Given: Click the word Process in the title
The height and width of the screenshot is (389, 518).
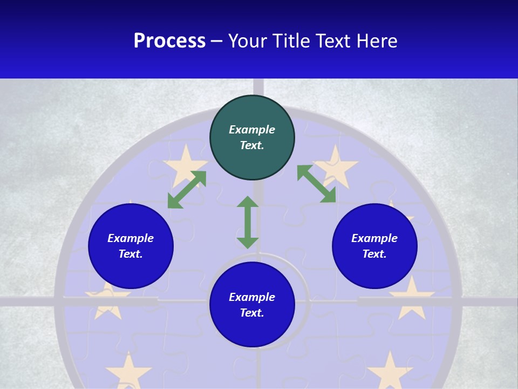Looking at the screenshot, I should [169, 41].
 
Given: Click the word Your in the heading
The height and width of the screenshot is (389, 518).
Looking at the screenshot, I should [249, 41].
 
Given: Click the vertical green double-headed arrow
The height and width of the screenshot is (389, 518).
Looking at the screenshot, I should [248, 222].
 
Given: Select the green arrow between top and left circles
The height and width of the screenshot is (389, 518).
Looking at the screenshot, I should [187, 190].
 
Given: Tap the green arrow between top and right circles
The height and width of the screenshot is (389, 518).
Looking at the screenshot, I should [317, 184].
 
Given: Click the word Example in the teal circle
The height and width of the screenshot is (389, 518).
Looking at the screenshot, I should [252, 130].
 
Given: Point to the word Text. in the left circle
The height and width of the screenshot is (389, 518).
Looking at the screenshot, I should [131, 254].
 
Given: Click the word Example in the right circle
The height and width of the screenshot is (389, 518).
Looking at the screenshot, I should [374, 238].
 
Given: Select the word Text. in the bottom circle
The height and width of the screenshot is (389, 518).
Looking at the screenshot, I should [252, 313].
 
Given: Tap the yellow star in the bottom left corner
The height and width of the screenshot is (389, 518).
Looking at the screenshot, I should [128, 371].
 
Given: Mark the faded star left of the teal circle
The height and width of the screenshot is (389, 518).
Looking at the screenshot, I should [185, 163].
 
